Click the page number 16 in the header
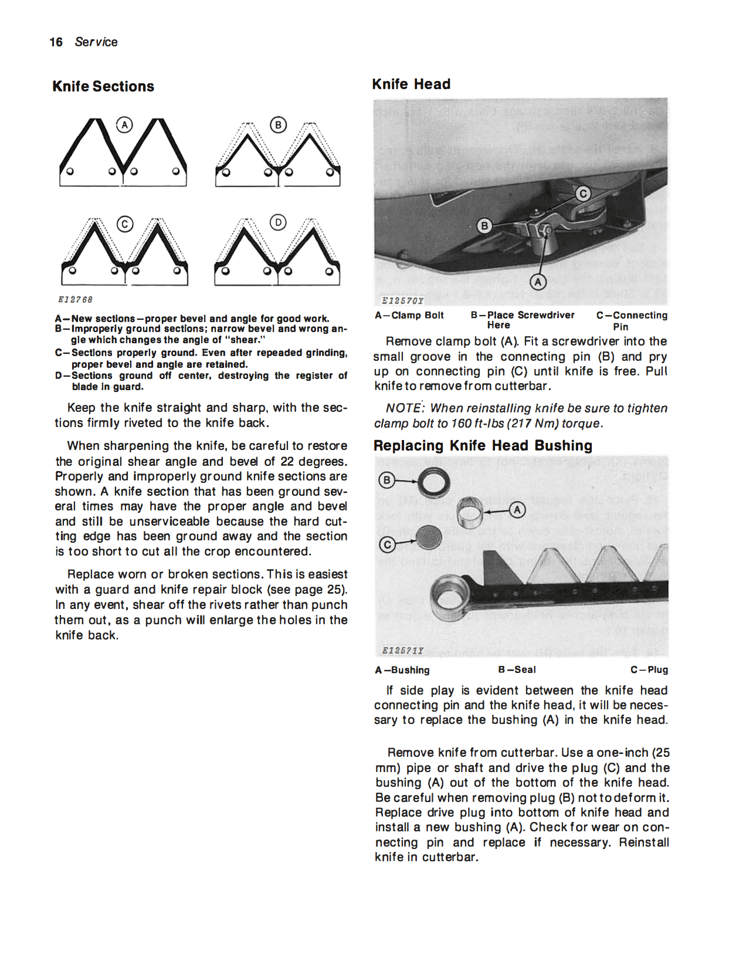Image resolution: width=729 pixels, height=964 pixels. (x=56, y=42)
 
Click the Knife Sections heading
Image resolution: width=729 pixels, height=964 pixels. (x=103, y=86)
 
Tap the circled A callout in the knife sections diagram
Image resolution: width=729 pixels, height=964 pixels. (x=124, y=125)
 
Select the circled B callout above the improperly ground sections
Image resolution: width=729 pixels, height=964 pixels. (x=278, y=125)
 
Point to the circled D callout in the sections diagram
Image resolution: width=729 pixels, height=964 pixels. (x=278, y=223)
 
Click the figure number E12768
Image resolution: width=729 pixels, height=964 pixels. (x=75, y=300)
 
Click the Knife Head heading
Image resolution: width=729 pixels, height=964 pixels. (x=411, y=84)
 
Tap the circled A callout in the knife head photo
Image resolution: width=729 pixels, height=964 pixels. (x=538, y=282)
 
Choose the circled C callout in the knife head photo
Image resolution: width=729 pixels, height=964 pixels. (x=582, y=194)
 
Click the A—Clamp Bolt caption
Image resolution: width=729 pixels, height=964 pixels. (x=409, y=315)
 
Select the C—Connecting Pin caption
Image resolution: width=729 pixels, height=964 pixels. (x=632, y=320)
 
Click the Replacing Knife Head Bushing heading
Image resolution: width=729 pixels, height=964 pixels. (x=483, y=446)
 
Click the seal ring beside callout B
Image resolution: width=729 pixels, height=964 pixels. (x=434, y=482)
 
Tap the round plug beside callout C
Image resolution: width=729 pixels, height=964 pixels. (x=429, y=537)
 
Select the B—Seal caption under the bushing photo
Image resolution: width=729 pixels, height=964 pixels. (x=517, y=669)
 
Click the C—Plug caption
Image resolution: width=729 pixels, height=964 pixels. (x=649, y=669)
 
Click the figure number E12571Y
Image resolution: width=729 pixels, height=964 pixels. (x=402, y=650)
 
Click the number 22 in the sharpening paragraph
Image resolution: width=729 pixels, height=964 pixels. (x=287, y=462)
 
